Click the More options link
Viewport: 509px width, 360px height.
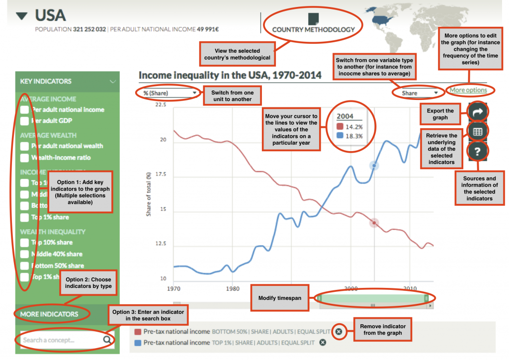[468, 90]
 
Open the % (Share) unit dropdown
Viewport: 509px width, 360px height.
[169, 93]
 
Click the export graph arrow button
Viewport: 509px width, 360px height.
[477, 112]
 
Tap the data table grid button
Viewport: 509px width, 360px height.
[477, 132]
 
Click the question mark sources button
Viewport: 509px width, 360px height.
[477, 152]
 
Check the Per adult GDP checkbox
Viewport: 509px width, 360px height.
[24, 120]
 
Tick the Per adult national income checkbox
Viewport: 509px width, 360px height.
[24, 109]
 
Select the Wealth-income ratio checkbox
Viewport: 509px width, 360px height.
[24, 158]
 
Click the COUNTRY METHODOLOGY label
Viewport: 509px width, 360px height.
[313, 29]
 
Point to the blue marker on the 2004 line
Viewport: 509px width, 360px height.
[374, 166]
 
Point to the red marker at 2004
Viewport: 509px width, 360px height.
[374, 223]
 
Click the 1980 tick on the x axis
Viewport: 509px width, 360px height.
[232, 288]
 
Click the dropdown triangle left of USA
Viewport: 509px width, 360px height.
[21, 16]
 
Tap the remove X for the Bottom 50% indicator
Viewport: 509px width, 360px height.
[339, 332]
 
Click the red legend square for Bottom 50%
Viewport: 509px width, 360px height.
[138, 332]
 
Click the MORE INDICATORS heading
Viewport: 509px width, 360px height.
[49, 314]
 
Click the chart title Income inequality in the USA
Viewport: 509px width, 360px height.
[230, 76]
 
